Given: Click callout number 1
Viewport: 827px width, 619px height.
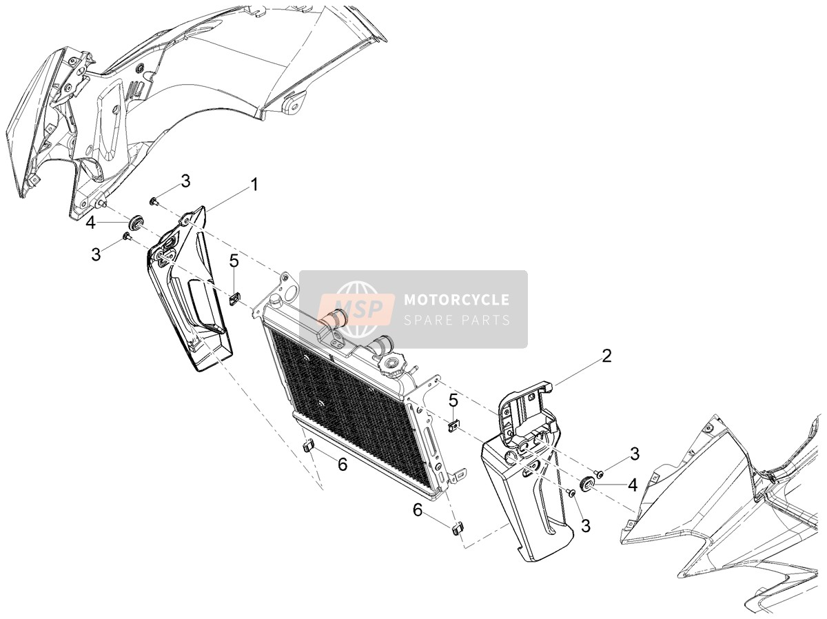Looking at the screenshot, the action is (x=255, y=185).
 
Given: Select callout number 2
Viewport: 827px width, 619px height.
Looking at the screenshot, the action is (x=606, y=356).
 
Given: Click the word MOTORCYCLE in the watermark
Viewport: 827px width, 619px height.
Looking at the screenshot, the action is (x=457, y=300).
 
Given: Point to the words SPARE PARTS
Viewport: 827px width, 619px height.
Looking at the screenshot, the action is (x=457, y=321).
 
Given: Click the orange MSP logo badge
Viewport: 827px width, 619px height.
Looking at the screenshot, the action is (x=357, y=309).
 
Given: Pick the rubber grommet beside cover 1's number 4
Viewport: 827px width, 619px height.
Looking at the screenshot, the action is (x=135, y=223).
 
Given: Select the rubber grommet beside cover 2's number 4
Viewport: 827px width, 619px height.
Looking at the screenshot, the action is (x=587, y=484).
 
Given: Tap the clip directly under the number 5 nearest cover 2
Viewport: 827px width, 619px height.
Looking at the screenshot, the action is (x=453, y=426).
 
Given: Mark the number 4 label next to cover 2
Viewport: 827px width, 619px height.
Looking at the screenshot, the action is (x=633, y=485).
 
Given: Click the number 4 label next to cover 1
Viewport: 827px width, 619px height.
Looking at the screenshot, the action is (x=90, y=223).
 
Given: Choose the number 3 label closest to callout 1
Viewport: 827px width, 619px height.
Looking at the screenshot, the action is (x=186, y=181).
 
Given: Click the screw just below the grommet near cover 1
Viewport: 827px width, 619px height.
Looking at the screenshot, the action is (x=126, y=237).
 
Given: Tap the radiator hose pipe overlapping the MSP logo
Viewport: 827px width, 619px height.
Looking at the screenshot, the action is (x=333, y=316).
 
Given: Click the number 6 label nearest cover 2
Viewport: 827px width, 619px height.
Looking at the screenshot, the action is (x=418, y=511).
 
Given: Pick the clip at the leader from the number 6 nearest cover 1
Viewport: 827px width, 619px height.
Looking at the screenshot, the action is (x=308, y=446).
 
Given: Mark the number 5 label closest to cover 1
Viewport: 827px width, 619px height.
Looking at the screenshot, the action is (x=234, y=261).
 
